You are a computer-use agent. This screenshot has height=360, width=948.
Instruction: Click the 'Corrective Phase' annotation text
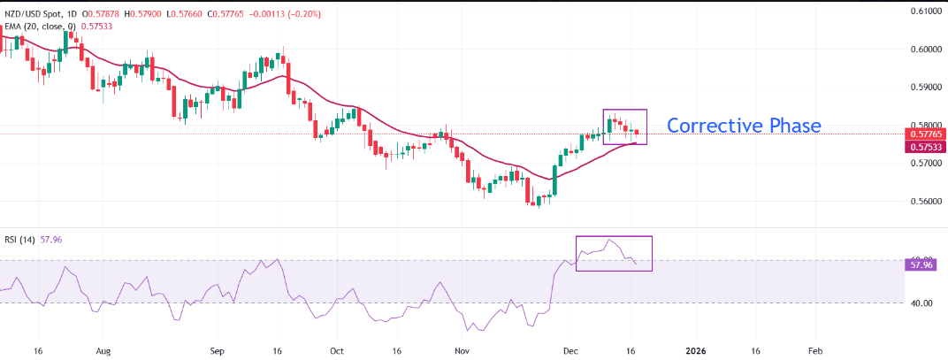744,126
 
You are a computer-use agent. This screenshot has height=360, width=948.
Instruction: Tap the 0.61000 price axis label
924,11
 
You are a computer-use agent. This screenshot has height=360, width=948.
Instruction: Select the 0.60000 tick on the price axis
924,50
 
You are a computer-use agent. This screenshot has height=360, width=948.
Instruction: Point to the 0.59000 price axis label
924,88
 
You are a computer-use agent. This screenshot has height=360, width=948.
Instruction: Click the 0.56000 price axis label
924,202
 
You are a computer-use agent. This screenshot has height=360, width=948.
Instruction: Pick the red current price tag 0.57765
924,134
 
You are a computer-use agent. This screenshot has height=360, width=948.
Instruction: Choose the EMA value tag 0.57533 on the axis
924,147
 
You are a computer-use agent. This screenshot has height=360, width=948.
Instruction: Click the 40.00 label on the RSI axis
921,303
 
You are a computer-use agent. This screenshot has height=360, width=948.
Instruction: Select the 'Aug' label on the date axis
103,350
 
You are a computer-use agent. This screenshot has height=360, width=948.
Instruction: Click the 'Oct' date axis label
337,350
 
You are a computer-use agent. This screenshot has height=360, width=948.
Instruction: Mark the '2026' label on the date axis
696,350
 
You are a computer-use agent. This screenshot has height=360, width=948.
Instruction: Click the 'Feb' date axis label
815,350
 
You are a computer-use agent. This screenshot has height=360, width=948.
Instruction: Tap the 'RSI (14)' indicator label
19,239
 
